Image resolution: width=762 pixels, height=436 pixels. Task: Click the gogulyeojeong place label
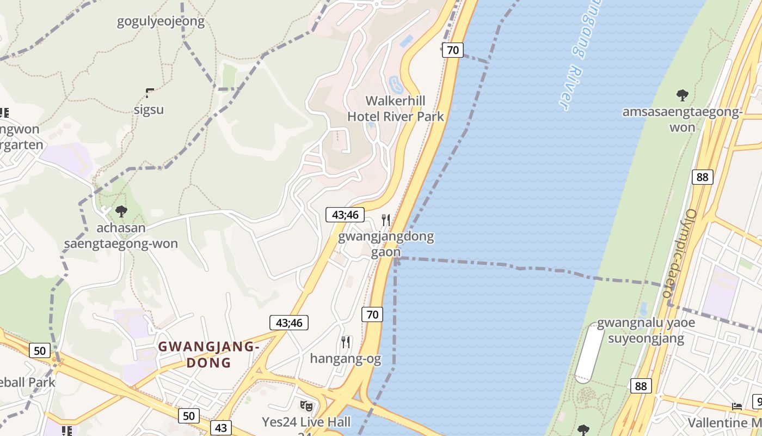[x=161, y=22]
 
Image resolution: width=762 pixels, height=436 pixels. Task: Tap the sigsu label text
[x=149, y=110]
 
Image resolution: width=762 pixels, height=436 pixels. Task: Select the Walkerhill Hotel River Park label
[x=396, y=108]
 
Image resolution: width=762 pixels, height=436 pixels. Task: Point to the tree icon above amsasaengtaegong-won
[x=682, y=96]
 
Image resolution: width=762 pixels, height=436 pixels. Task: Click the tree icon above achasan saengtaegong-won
[x=121, y=211]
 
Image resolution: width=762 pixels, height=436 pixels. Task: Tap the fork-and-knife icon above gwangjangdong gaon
[x=386, y=220]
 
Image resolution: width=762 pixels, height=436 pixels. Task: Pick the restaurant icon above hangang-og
[x=346, y=342]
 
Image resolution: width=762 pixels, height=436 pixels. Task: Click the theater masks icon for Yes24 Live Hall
[x=306, y=406]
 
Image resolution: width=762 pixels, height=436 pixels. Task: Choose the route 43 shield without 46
[x=220, y=428]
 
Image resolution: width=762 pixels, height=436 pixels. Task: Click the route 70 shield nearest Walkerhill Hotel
[x=452, y=51]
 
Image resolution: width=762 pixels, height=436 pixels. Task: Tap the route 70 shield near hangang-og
[x=372, y=314]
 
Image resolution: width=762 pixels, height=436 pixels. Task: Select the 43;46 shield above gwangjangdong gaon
[x=345, y=215]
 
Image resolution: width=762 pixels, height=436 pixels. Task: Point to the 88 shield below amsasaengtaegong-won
[x=703, y=177]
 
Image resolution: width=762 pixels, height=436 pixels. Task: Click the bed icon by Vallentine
[x=737, y=407]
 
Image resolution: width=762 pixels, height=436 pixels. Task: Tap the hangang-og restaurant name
[x=346, y=359]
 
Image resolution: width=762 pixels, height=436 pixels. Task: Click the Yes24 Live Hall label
[x=306, y=422]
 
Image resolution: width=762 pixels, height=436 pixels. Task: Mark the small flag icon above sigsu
[x=150, y=93]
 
